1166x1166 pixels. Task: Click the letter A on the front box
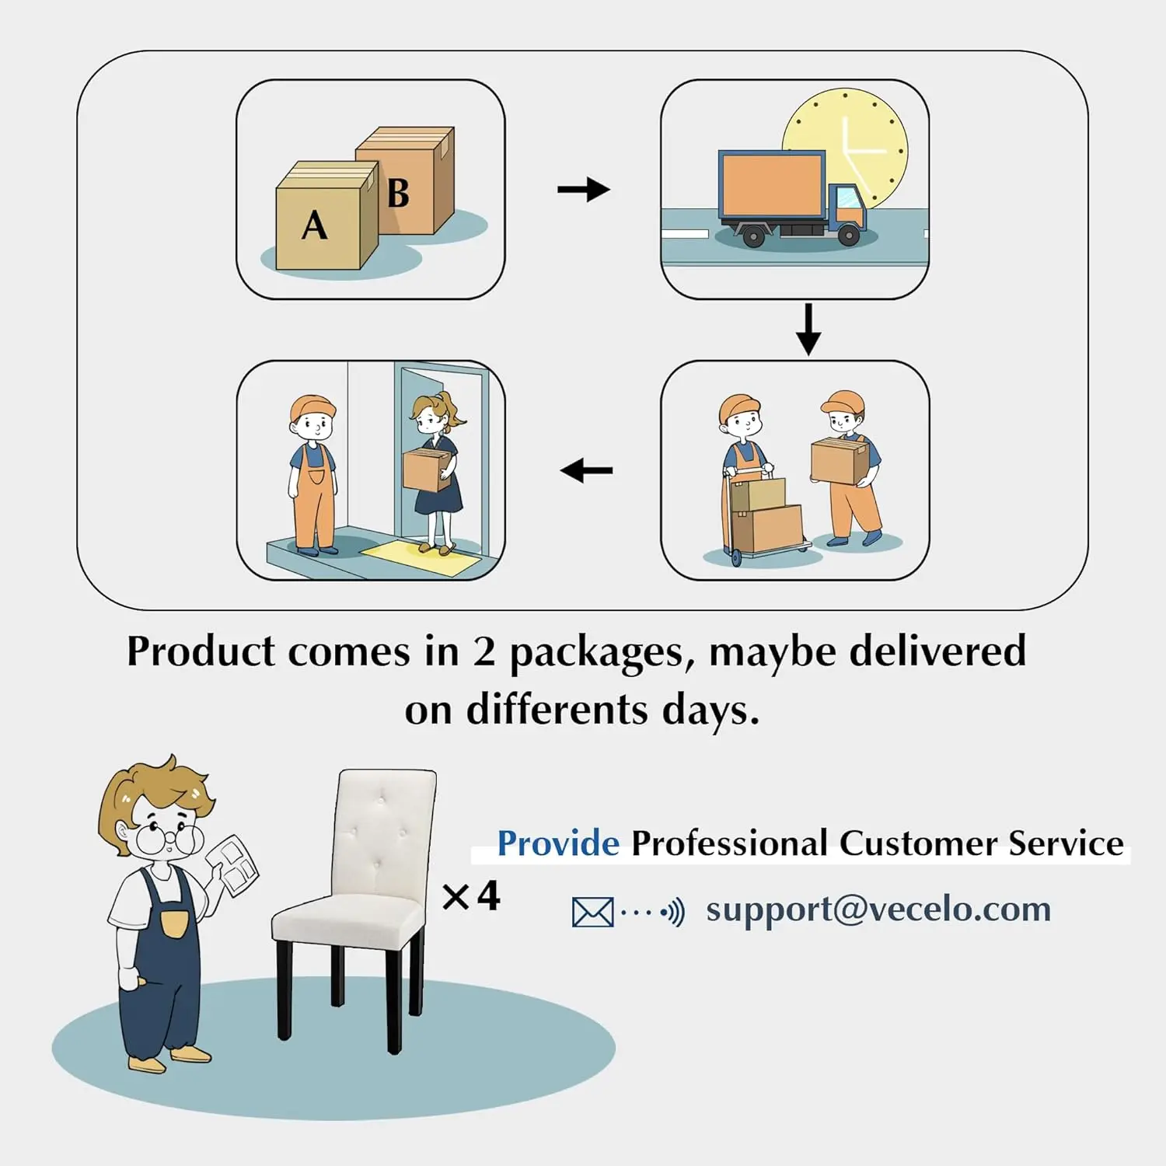pyautogui.click(x=315, y=226)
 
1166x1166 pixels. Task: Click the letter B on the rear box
pyautogui.click(x=398, y=194)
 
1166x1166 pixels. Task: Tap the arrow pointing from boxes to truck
pyautogui.click(x=584, y=189)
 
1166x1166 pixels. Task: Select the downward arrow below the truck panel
pyautogui.click(x=808, y=329)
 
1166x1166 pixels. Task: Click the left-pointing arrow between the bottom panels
pyautogui.click(x=586, y=470)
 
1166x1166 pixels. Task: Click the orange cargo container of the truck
pyautogui.click(x=772, y=185)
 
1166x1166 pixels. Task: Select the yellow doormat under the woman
pyautogui.click(x=420, y=557)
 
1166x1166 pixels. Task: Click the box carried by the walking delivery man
pyautogui.click(x=838, y=460)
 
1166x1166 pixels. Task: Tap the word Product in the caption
pyautogui.click(x=201, y=651)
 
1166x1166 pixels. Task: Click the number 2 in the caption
pyautogui.click(x=484, y=651)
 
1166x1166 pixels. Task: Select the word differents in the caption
pyautogui.click(x=557, y=710)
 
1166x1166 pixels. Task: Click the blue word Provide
pyautogui.click(x=558, y=843)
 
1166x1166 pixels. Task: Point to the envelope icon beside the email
pyautogui.click(x=592, y=912)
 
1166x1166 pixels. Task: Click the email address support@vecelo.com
pyautogui.click(x=878, y=909)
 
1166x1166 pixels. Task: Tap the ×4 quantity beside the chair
pyautogui.click(x=471, y=896)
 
